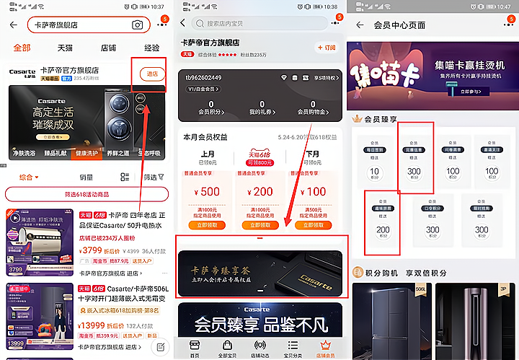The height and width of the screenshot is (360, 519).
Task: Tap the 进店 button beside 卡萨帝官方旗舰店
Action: pyautogui.click(x=152, y=74)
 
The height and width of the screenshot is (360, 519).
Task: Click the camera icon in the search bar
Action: pyautogui.click(x=137, y=25)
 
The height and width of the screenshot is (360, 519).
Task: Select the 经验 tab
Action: pyautogui.click(x=151, y=48)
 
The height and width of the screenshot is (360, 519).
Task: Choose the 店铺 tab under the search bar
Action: pyautogui.click(x=108, y=48)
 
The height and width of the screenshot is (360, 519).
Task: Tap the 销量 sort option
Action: pyautogui.click(x=86, y=177)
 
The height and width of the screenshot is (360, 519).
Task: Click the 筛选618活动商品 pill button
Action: pyautogui.click(x=87, y=194)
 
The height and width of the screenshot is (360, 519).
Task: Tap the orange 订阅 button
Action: pyautogui.click(x=327, y=48)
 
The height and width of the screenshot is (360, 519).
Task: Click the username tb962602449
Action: pyautogui.click(x=204, y=77)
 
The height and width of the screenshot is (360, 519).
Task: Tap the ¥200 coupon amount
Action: pyautogui.click(x=262, y=192)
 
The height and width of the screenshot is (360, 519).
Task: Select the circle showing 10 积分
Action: pyautogui.click(x=374, y=173)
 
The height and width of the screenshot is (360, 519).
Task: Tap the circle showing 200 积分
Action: pyautogui.click(x=383, y=230)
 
